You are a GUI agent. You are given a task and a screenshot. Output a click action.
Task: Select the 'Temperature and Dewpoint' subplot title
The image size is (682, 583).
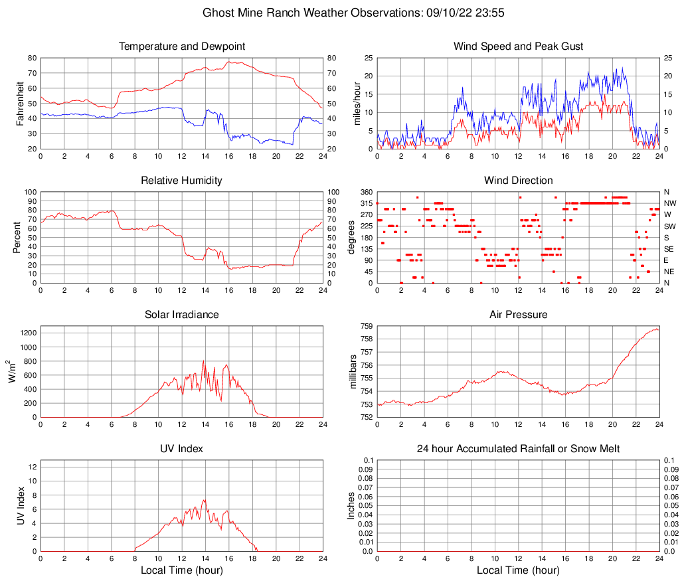(x=182, y=46)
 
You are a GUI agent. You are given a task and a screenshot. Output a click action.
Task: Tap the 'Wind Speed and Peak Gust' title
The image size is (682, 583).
(x=518, y=46)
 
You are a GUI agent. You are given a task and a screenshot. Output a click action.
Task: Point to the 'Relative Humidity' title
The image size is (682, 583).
(x=182, y=181)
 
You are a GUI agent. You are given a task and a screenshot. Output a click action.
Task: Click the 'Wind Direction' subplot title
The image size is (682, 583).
(x=518, y=181)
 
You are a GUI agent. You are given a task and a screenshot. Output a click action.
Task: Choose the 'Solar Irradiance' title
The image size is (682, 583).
(x=182, y=315)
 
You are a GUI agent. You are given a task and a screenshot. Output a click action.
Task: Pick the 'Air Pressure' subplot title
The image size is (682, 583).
(x=518, y=315)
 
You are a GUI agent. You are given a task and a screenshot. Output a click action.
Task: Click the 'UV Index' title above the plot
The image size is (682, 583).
(x=182, y=449)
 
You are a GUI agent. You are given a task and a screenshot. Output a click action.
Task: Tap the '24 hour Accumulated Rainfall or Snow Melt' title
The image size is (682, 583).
(x=518, y=449)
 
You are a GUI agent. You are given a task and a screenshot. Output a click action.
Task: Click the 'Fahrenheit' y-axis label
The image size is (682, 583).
(x=19, y=103)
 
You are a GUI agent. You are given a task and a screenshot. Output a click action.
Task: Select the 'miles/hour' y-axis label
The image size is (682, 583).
(x=356, y=103)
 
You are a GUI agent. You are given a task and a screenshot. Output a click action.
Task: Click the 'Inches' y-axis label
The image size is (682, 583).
(x=351, y=506)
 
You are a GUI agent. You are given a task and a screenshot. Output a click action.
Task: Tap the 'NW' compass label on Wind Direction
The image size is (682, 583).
(x=670, y=203)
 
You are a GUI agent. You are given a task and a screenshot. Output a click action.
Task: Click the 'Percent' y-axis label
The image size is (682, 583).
(x=17, y=237)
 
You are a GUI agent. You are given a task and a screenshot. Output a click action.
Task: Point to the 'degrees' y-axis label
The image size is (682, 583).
(x=351, y=237)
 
